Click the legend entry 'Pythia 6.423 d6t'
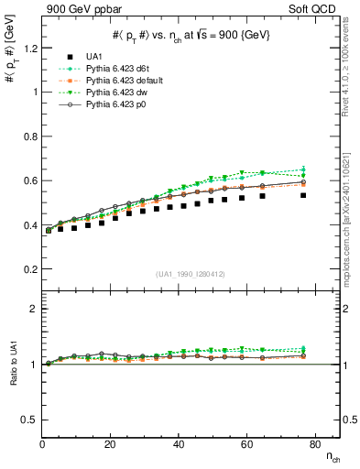click(117, 70)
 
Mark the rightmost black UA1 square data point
click(303, 195)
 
